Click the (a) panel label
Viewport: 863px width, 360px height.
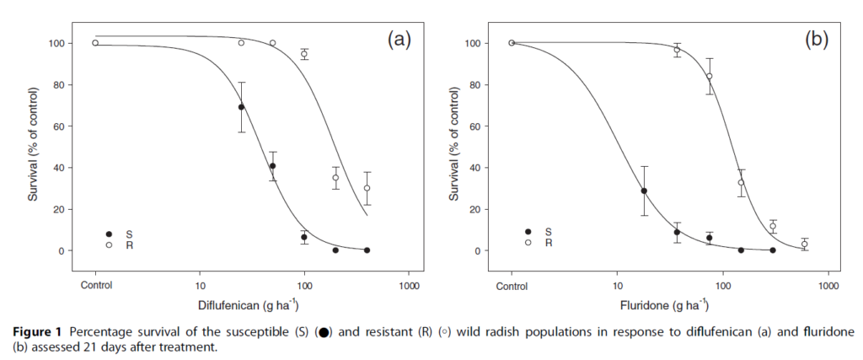tap(399, 39)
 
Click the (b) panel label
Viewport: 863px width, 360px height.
tap(817, 39)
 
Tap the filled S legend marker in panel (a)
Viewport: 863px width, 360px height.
tap(109, 234)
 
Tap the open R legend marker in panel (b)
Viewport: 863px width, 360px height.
tap(528, 243)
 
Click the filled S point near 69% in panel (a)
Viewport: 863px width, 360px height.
tap(242, 107)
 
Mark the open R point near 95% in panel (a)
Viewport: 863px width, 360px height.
tap(304, 54)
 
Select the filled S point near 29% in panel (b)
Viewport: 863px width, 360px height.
tap(645, 191)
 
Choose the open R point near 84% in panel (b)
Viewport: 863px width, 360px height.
tap(710, 76)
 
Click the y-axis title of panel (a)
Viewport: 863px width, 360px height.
tap(33, 147)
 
